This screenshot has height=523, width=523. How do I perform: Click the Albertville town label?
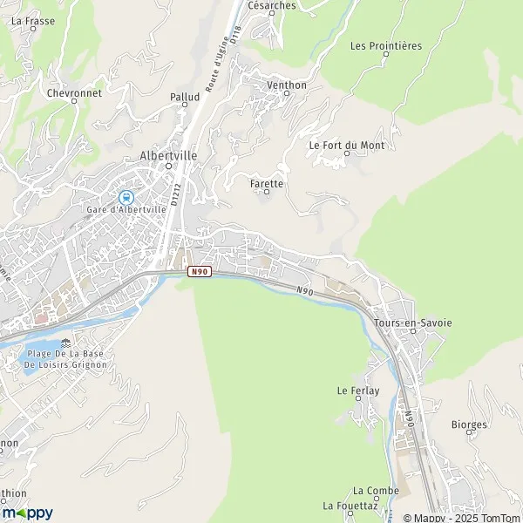tap(168, 155)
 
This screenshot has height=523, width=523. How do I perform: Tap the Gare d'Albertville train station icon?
tap(126, 197)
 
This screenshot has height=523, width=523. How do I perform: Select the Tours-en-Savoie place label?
tap(413, 323)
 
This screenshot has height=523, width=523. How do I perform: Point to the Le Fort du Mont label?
tap(347, 145)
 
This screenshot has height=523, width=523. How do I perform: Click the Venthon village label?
tap(287, 85)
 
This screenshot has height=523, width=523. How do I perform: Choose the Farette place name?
tap(266, 184)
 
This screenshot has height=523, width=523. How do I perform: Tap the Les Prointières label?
tap(385, 45)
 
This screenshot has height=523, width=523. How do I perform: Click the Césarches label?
tap(272, 5)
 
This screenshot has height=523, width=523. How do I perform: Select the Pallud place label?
tap(185, 97)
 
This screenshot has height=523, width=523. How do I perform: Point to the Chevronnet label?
tap(74, 92)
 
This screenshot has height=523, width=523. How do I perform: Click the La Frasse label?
tap(28, 19)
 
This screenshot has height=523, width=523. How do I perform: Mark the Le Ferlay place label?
tap(358, 391)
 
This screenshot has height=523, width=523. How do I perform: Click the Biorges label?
tap(469, 425)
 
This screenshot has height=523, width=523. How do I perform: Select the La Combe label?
tap(376, 491)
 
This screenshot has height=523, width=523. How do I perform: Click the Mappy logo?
tap(27, 513)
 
